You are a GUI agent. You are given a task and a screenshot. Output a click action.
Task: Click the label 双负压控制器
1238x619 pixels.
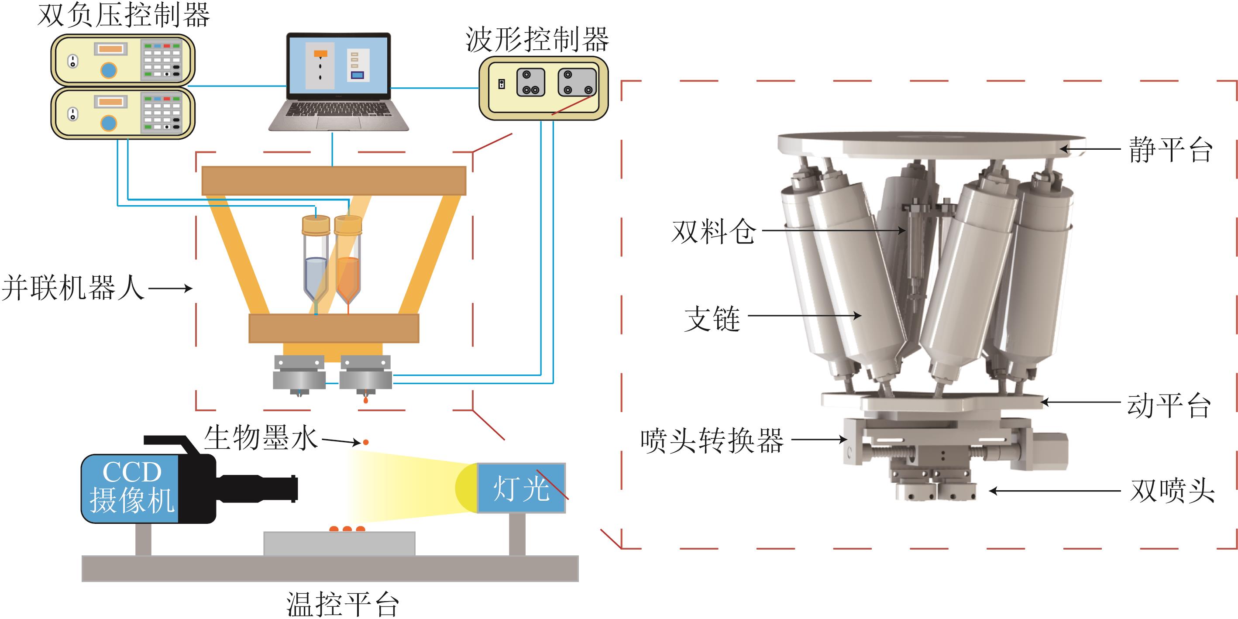click(x=124, y=15)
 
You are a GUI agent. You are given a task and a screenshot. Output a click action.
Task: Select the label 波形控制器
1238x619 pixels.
click(x=537, y=40)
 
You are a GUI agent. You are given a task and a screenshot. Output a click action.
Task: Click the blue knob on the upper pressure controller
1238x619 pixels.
click(x=109, y=70)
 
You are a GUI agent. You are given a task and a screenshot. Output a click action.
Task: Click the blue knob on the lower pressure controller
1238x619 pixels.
click(x=109, y=123)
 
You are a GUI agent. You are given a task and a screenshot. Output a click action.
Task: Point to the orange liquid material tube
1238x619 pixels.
click(x=347, y=262)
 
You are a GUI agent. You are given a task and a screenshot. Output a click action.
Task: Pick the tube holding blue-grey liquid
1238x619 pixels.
click(x=316, y=262)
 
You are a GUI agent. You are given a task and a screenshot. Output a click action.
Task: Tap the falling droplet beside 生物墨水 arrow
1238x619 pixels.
click(x=366, y=442)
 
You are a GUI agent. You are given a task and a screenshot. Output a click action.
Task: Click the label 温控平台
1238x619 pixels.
click(x=342, y=604)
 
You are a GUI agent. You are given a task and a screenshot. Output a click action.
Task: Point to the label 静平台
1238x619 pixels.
click(x=1170, y=149)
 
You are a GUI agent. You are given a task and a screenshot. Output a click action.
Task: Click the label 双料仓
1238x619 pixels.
click(x=713, y=232)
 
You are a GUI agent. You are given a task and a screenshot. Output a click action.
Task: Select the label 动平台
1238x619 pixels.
click(x=1168, y=406)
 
